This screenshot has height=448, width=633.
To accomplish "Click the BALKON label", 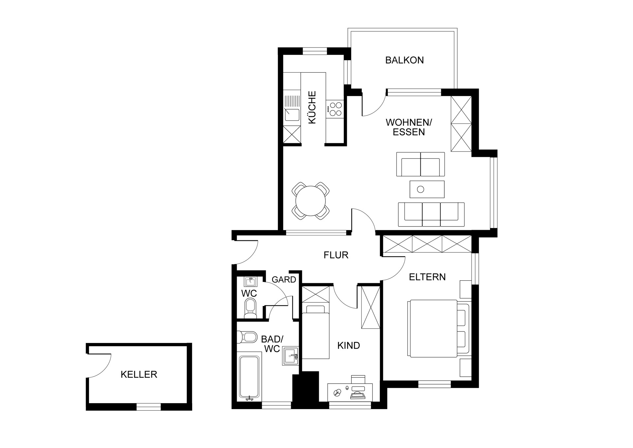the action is tap(404, 60).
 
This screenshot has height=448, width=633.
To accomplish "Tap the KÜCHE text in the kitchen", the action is tap(312, 108).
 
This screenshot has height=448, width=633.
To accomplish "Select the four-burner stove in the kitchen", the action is tap(335, 109).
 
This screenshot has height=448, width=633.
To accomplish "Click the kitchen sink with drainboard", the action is tap(292, 109).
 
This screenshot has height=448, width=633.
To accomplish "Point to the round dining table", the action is tap(311, 201).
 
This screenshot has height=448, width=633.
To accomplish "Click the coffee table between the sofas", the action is tap(427, 189).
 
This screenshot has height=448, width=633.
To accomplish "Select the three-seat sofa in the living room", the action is tap(431, 215).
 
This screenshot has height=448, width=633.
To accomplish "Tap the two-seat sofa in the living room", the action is tap(420, 164).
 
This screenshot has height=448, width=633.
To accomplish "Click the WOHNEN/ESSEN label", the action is tap(409, 127).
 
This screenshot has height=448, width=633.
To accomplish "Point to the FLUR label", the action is tap(336, 255).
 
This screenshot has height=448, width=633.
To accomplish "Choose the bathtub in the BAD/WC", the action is tap(249, 378).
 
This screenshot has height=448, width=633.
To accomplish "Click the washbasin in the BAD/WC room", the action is tap(290, 356).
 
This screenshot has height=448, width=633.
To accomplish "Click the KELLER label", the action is tap(139, 374).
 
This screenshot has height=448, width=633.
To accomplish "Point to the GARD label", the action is tap(284, 280).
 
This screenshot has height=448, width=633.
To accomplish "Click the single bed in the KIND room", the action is tap(316, 332).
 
